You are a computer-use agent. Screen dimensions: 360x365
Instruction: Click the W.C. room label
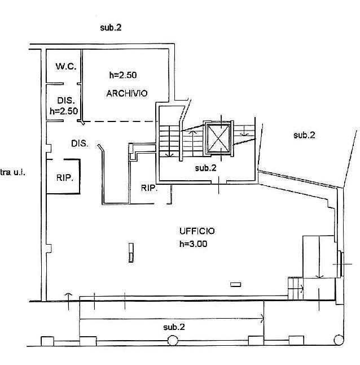[66, 66]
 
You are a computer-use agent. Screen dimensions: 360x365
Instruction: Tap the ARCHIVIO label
[127, 93]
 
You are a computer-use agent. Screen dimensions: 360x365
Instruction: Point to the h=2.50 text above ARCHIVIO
[123, 75]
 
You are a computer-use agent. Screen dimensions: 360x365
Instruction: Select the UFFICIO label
[197, 231]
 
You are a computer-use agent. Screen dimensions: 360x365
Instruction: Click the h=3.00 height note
[194, 244]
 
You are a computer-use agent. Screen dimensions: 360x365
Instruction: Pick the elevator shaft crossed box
[218, 138]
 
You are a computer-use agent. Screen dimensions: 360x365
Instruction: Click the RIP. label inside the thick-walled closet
[65, 178]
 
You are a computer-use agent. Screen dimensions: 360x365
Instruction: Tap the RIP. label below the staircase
[149, 188]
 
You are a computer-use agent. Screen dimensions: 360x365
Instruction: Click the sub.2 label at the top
[111, 28]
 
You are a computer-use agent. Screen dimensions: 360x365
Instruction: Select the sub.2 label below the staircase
[206, 168]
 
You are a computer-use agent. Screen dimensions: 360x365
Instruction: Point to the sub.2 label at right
[304, 135]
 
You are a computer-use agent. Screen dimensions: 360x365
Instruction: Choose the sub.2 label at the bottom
[174, 327]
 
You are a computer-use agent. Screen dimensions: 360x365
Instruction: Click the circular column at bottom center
[173, 340]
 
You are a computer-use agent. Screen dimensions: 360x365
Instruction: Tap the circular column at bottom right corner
[339, 340]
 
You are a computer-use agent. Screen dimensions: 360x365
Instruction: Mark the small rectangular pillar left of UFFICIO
[131, 253]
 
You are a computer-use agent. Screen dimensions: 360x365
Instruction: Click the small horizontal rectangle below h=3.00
[236, 284]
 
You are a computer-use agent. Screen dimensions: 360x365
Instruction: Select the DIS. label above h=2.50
[66, 101]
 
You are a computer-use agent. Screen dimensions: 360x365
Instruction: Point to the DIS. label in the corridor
[80, 144]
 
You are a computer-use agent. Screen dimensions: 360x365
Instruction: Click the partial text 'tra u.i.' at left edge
[12, 172]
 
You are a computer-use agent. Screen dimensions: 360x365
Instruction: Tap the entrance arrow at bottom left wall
[68, 302]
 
